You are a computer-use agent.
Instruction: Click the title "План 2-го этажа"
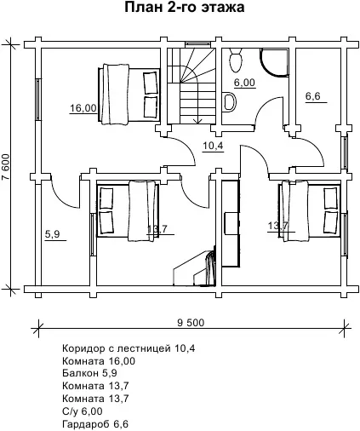[185, 8]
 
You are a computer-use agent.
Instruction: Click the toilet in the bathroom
[236, 60]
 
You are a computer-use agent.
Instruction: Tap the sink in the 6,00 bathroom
[229, 102]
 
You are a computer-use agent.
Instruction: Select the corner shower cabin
[274, 62]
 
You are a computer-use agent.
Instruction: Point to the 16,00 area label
[83, 108]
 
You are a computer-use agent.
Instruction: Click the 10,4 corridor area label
[213, 146]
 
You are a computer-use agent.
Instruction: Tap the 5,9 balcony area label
[52, 234]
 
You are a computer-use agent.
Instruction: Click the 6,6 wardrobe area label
[313, 96]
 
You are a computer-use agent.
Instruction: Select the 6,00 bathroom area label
[244, 83]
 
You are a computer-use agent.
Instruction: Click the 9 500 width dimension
[191, 323]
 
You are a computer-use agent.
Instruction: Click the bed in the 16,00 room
[129, 94]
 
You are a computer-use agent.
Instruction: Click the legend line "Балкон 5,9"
[89, 373]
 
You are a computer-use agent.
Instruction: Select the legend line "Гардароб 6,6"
[95, 424]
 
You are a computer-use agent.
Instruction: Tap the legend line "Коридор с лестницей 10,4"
[129, 348]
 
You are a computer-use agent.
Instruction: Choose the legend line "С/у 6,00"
[83, 411]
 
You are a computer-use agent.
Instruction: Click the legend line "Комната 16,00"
[99, 361]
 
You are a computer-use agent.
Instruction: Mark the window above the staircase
[197, 44]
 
